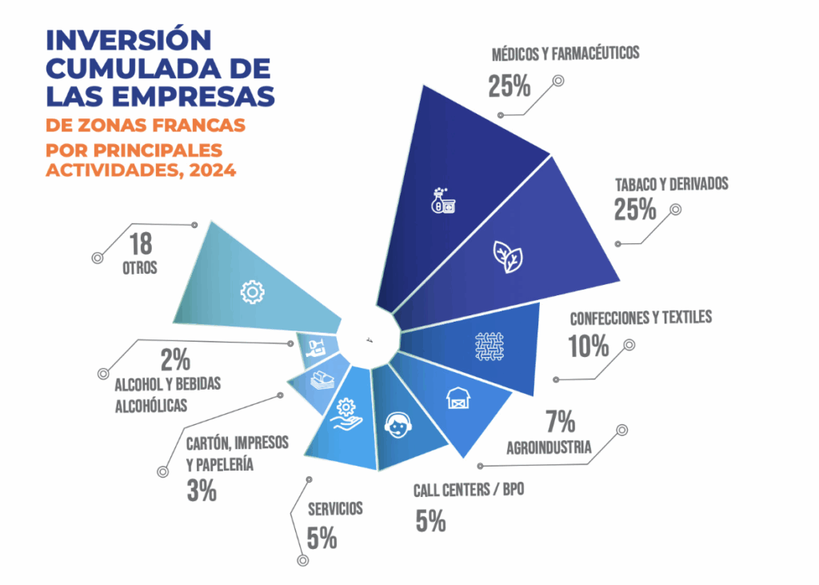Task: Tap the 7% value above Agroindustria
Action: click(x=560, y=421)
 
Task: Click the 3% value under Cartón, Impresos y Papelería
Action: click(x=202, y=490)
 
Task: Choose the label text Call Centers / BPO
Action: click(x=469, y=490)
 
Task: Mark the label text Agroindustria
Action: click(x=549, y=447)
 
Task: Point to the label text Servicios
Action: click(x=335, y=508)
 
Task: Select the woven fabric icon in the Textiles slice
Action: click(x=489, y=347)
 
